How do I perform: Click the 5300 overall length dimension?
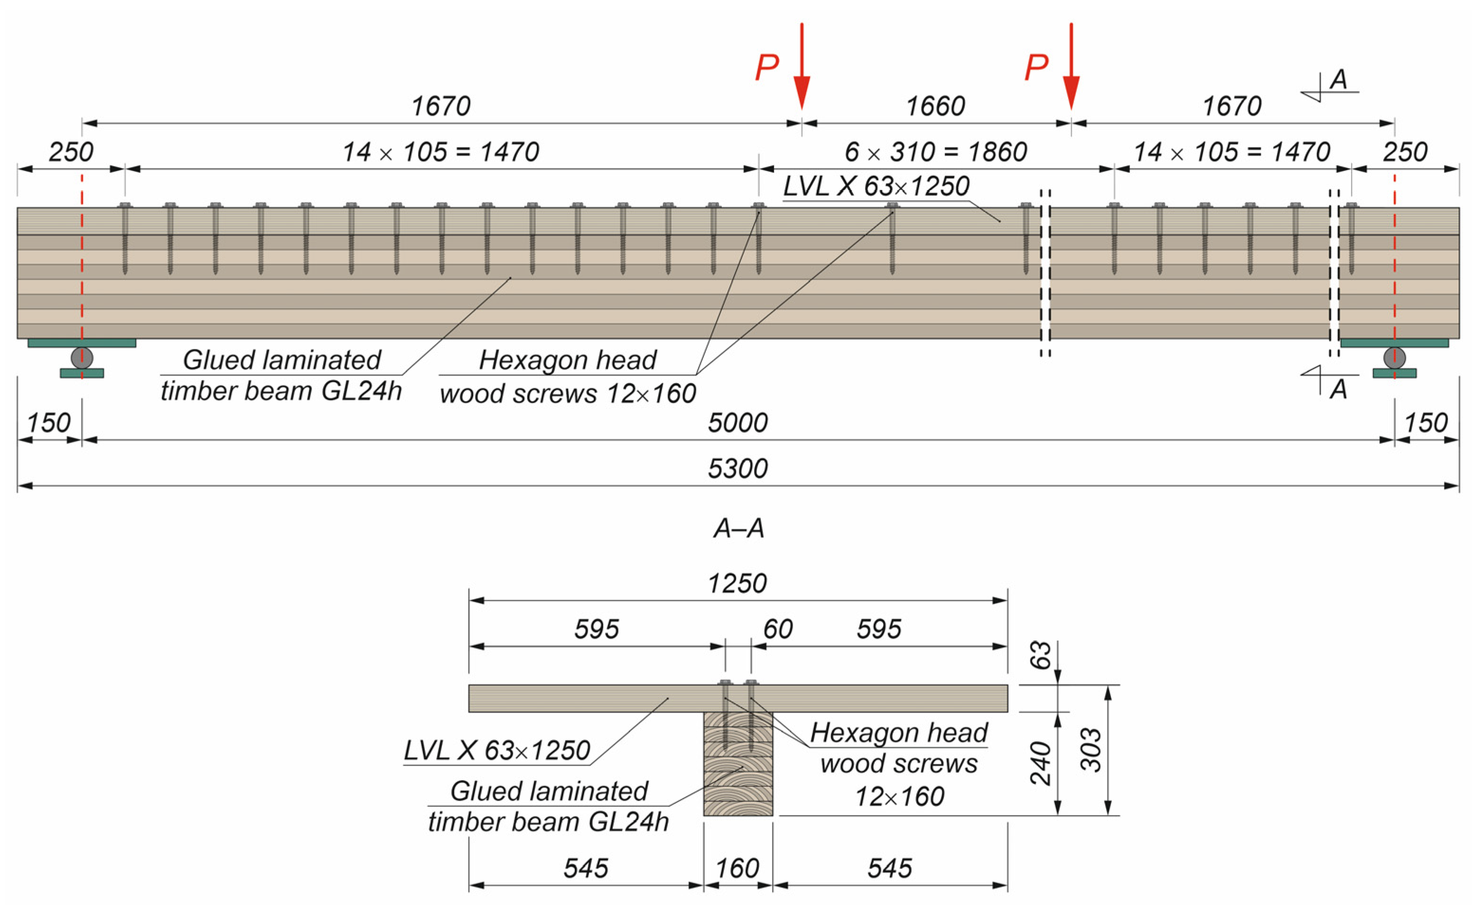point(737,469)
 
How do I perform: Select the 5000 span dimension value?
point(737,423)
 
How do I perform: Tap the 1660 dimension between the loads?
point(935,106)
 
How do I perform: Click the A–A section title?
point(738,528)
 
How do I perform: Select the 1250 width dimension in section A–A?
point(737,584)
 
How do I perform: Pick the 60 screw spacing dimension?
point(778,630)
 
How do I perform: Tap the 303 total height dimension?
point(1091,750)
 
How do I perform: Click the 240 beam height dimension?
point(1041,763)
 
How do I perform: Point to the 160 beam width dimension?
point(737,868)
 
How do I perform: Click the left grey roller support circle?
point(82,358)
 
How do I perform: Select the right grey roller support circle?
point(1394,358)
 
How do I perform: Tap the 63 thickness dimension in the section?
point(1041,655)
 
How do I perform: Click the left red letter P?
point(767,67)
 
